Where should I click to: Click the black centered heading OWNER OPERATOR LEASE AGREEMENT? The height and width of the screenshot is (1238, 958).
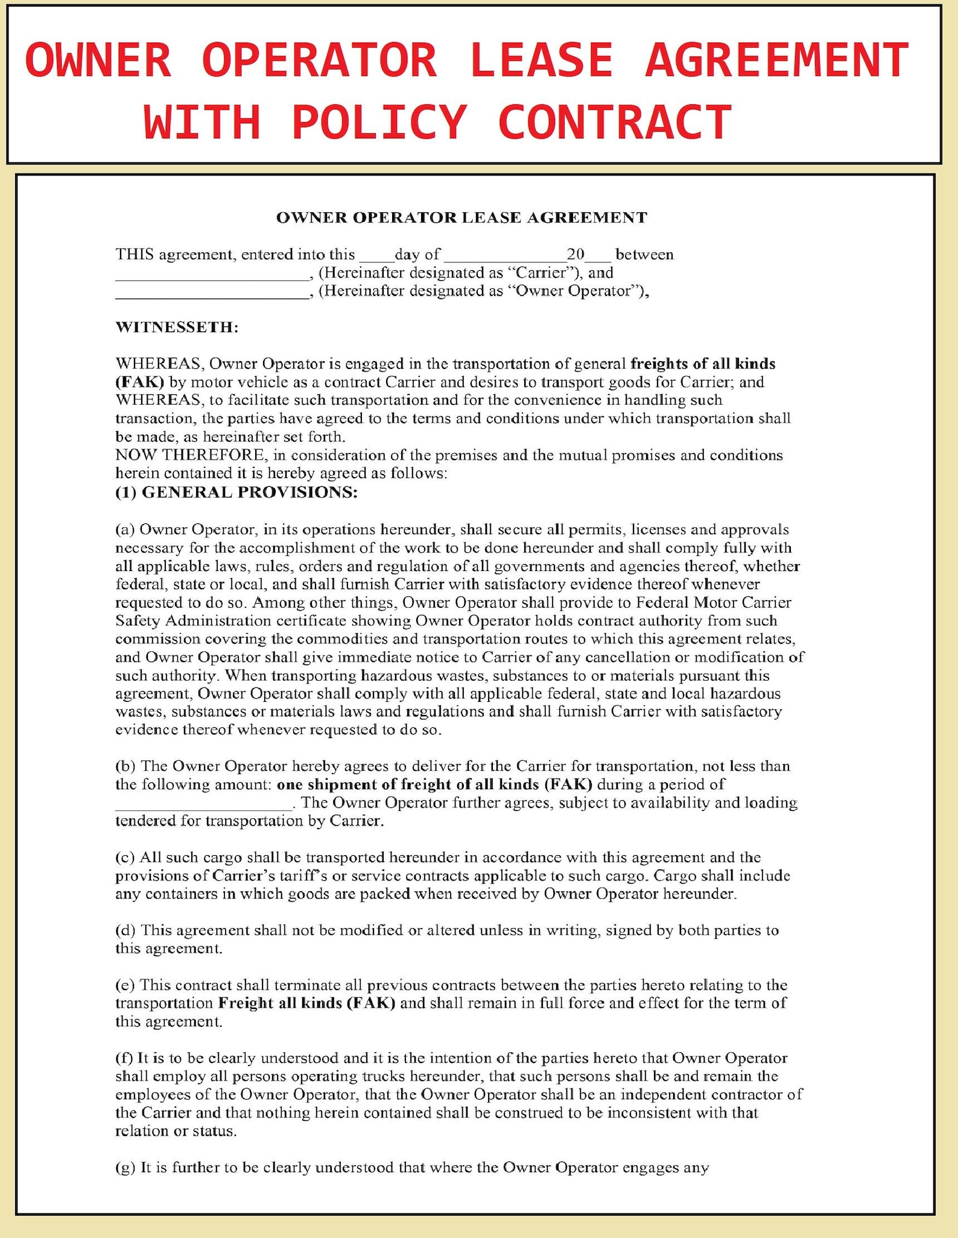pyautogui.click(x=462, y=218)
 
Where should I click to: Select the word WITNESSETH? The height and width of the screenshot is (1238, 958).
pyautogui.click(x=177, y=327)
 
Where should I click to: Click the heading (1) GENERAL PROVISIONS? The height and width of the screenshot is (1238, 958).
pyautogui.click(x=236, y=492)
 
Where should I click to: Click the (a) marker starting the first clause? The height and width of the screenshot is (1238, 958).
pyautogui.click(x=125, y=529)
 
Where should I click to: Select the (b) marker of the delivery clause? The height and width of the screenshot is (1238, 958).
pyautogui.click(x=125, y=766)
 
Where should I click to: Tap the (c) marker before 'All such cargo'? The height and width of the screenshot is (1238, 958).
pyautogui.click(x=125, y=857)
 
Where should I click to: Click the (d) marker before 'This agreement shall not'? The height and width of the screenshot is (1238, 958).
pyautogui.click(x=125, y=930)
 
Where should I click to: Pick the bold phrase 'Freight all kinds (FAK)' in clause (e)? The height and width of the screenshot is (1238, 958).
pyautogui.click(x=306, y=1003)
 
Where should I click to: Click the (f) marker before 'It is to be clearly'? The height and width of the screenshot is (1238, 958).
pyautogui.click(x=124, y=1058)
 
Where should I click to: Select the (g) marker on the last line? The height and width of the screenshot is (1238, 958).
pyautogui.click(x=125, y=1167)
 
